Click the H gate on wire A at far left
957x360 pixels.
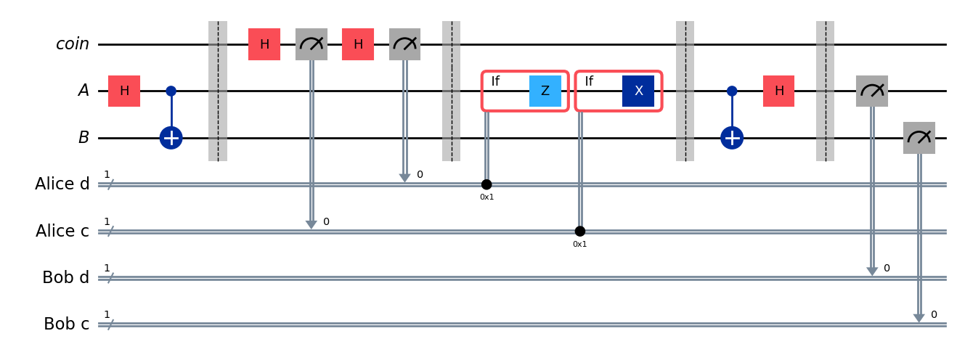click(124, 91)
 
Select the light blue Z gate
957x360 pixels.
click(545, 91)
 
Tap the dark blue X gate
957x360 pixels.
click(638, 91)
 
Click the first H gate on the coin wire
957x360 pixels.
click(264, 45)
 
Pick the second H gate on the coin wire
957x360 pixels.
click(358, 45)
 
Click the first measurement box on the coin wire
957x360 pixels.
click(311, 45)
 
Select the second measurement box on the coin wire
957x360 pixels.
click(404, 45)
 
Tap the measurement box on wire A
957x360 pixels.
click(871, 91)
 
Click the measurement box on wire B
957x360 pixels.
click(919, 138)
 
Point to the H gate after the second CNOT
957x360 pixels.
click(778, 91)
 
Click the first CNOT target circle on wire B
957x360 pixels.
click(171, 138)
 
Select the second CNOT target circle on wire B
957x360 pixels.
click(732, 138)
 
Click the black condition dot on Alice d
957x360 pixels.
click(486, 184)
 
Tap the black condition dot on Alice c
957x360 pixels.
click(579, 231)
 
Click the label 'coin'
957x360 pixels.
click(73, 45)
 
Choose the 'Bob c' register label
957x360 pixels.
click(66, 324)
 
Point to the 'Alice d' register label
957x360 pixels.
click(62, 184)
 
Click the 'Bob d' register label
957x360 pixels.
click(66, 277)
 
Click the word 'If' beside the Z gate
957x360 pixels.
click(495, 81)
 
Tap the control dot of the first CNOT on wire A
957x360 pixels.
click(171, 91)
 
